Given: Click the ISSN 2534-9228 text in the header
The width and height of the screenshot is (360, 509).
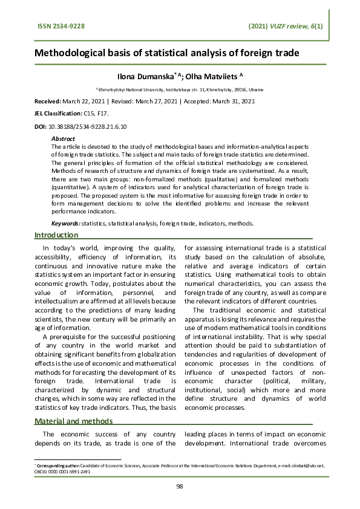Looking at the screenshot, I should pyautogui.click(x=58, y=27).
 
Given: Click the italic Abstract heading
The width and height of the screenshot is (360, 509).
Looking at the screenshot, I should pyautogui.click(x=63, y=139).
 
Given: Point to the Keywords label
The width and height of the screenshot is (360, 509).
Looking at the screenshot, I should pyautogui.click(x=66, y=223).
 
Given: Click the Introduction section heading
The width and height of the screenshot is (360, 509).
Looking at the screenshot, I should pyautogui.click(x=56, y=235).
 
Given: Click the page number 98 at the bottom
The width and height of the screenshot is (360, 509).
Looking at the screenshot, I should pyautogui.click(x=180, y=486).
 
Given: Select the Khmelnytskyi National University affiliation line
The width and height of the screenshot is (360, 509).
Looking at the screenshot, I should pyautogui.click(x=180, y=88).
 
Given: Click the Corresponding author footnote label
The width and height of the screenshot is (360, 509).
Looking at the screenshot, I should pyautogui.click(x=58, y=467).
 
